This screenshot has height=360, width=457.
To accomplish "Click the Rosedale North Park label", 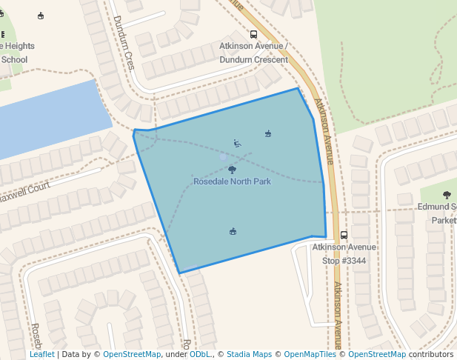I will (232, 181).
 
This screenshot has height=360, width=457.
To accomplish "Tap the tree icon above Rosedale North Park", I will (233, 170).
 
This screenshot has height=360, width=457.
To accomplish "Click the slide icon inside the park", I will (237, 144).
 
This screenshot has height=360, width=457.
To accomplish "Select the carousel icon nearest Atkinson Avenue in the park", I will (268, 134).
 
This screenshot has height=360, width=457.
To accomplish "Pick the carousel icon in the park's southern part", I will (233, 232).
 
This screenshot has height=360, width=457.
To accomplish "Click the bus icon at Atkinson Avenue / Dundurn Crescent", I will (254, 34).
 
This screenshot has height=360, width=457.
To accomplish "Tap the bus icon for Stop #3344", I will (344, 236).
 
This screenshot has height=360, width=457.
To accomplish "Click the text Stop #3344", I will (344, 261).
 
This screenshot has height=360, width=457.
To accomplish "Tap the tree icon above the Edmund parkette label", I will (447, 196).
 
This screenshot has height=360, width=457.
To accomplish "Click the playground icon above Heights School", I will (40, 16).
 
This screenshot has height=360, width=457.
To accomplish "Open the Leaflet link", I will (41, 355).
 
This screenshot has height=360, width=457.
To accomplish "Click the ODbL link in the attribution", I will (199, 355).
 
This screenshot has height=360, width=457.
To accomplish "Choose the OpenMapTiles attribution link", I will (309, 355).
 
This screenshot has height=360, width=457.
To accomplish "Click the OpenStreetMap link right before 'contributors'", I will (377, 355).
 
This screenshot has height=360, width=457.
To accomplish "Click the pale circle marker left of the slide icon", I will (223, 156).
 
